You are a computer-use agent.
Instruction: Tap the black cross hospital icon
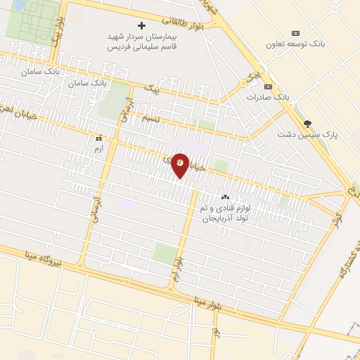141,25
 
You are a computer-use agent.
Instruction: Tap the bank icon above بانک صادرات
268,85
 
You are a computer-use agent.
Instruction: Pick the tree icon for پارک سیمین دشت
307,123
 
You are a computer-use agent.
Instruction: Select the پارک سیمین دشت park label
307,134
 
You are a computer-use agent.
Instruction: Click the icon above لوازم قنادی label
226,198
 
